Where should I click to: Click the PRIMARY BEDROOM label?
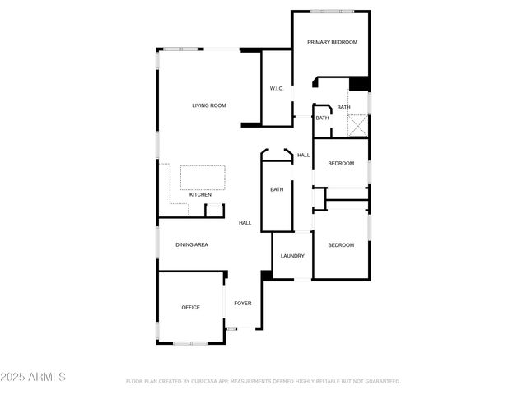pyautogui.click(x=332, y=42)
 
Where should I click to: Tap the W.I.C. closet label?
pyautogui.click(x=277, y=88)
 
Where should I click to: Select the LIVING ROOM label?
pyautogui.click(x=208, y=105)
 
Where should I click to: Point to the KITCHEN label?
pyautogui.click(x=200, y=195)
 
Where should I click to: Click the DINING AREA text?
pyautogui.click(x=191, y=244)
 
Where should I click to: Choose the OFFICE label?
pyautogui.click(x=190, y=308)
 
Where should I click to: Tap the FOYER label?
pyautogui.click(x=242, y=304)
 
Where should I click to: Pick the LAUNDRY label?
pyautogui.click(x=292, y=256)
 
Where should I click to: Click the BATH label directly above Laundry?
pyautogui.click(x=277, y=190)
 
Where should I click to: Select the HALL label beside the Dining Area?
pyautogui.click(x=245, y=223)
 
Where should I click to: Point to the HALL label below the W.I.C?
pyautogui.click(x=303, y=156)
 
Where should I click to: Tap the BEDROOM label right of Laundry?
pyautogui.click(x=341, y=245)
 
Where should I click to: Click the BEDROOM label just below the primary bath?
pyautogui.click(x=341, y=163)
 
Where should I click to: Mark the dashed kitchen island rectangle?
pyautogui.click(x=203, y=177)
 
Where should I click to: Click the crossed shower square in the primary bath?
pyautogui.click(x=357, y=126)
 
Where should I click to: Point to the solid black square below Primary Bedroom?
pyautogui.click(x=358, y=84)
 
